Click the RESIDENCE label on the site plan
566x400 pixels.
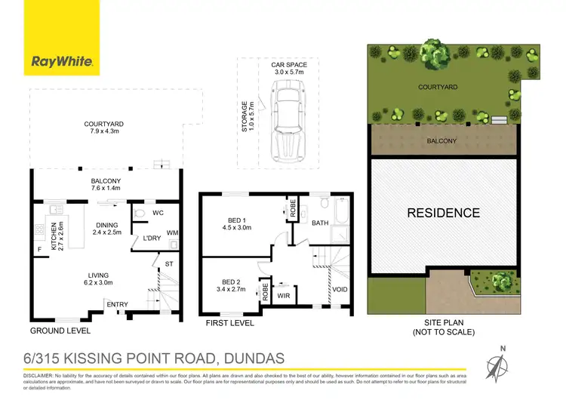tap(444, 213)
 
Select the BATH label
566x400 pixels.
tap(321, 223)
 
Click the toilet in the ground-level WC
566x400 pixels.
tap(138, 214)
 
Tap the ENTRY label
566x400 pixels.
tap(117, 304)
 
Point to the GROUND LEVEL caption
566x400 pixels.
tap(60, 331)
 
